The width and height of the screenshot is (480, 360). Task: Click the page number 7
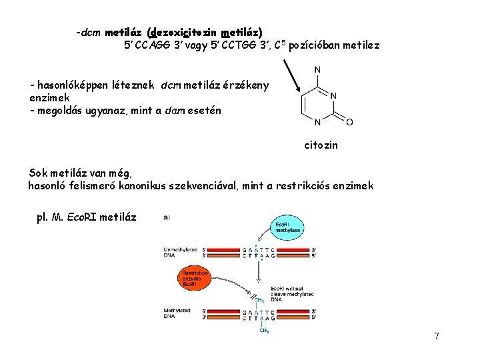click(436, 336)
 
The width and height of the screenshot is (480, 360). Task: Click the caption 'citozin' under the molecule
click(321, 145)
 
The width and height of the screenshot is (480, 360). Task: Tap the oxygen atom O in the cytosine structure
click(349, 122)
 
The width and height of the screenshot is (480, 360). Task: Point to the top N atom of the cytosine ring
click(317, 70)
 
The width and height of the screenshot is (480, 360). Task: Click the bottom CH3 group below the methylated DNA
click(265, 331)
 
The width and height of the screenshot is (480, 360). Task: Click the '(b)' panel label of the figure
click(167, 217)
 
